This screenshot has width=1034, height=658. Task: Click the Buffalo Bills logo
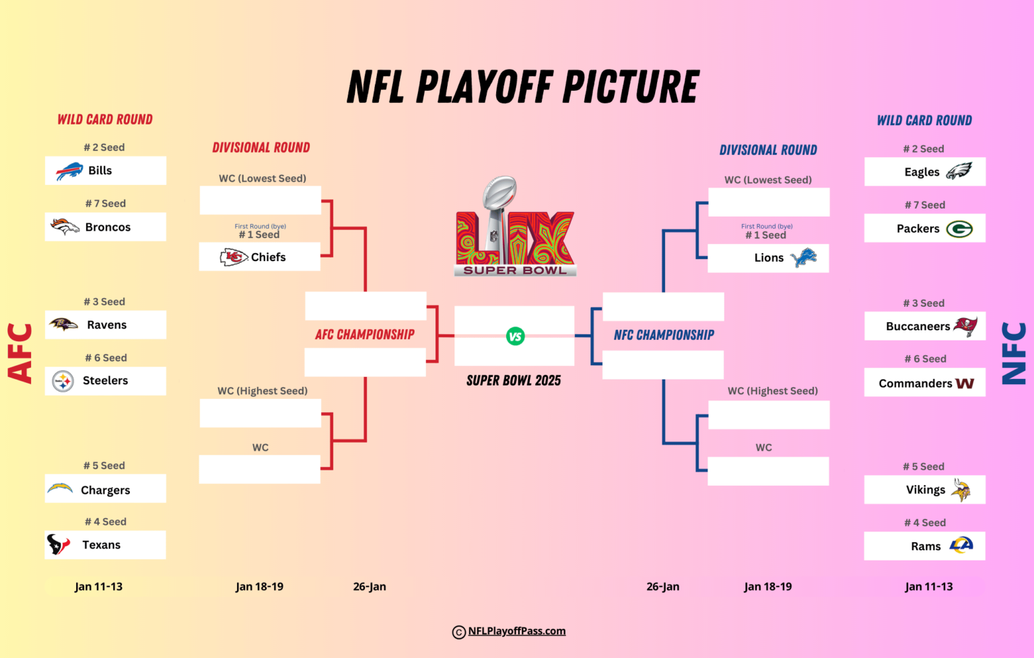[69, 171]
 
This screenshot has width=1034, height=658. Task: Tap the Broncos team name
[108, 227]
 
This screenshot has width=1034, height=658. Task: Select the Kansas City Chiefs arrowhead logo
[234, 257]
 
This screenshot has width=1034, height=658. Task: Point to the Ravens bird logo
[63, 324]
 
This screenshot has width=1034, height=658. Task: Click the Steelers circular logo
[63, 381]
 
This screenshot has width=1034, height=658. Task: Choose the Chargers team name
[106, 490]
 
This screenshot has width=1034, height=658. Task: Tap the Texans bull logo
[58, 544]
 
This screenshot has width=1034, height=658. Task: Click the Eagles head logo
[959, 172]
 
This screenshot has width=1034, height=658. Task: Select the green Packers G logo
[959, 229]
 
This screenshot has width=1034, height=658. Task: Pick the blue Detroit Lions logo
[803, 258]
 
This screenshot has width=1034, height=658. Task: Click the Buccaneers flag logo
[965, 326]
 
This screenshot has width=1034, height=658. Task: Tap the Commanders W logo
[965, 383]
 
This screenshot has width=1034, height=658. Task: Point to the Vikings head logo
[961, 490]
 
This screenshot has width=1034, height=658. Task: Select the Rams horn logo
[961, 545]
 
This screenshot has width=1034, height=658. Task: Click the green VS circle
[515, 336]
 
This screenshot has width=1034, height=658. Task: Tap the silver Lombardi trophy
[499, 202]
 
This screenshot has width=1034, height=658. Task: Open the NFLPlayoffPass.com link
[516, 631]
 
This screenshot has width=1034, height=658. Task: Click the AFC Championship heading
[365, 334]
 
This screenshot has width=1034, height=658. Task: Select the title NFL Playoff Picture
[523, 87]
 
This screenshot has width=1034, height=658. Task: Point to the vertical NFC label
[1014, 353]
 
